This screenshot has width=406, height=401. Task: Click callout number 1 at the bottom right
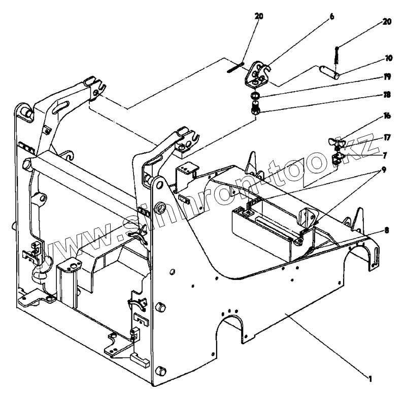tap(372, 377)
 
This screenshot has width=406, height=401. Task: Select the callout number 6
tap(332, 17)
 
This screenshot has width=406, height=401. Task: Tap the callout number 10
tap(389, 58)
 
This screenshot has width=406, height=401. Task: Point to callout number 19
tap(387, 77)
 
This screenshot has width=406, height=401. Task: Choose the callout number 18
tap(387, 95)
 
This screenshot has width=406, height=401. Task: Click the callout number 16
tap(387, 116)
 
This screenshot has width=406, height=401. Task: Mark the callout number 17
tap(387, 137)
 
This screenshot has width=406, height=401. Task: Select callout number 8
tap(387, 229)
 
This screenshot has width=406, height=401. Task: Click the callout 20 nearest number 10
tap(387, 22)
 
